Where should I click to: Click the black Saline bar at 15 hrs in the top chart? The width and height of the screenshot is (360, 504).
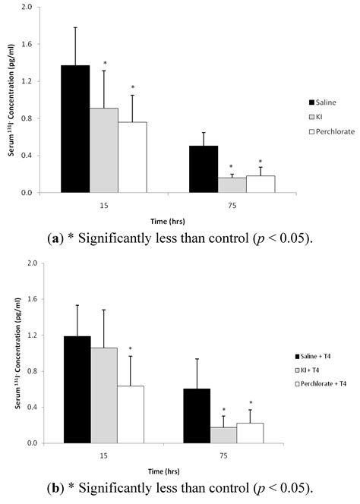[x=75, y=129]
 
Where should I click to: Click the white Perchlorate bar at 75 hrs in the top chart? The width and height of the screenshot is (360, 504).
[x=261, y=184]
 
